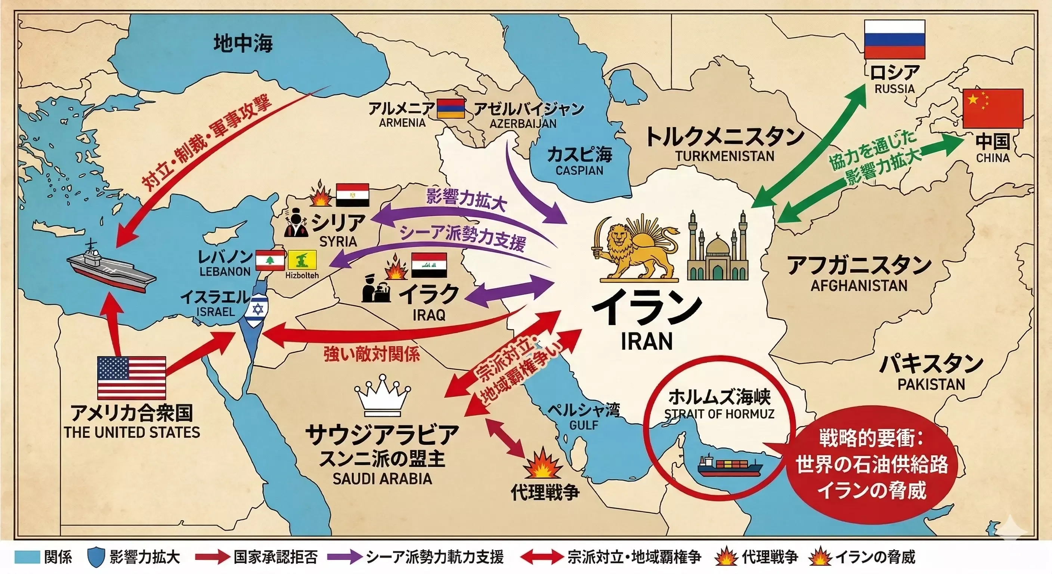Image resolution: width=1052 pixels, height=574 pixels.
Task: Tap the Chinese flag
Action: coord(993,108)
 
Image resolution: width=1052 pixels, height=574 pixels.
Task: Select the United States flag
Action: coord(131,377)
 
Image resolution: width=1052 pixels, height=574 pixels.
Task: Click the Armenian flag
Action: coord(451,109)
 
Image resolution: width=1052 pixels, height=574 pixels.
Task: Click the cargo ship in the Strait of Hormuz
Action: coord(729,467)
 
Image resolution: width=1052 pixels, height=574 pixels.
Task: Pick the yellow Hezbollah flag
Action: coord(302,260)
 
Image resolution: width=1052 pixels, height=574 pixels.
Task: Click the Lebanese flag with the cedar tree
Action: coord(269,260)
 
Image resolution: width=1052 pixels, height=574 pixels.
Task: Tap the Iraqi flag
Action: coord(429,265)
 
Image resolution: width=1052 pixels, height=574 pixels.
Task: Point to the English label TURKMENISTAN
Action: coord(724,156)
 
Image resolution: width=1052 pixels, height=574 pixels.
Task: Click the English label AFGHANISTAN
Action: coord(859,285)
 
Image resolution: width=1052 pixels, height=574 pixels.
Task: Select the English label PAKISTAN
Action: coord(931,384)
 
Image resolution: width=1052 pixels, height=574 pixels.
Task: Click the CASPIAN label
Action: coord(579,170)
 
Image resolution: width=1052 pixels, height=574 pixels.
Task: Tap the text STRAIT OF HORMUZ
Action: coord(719,414)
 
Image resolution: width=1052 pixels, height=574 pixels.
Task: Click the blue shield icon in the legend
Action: coord(96,557)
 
